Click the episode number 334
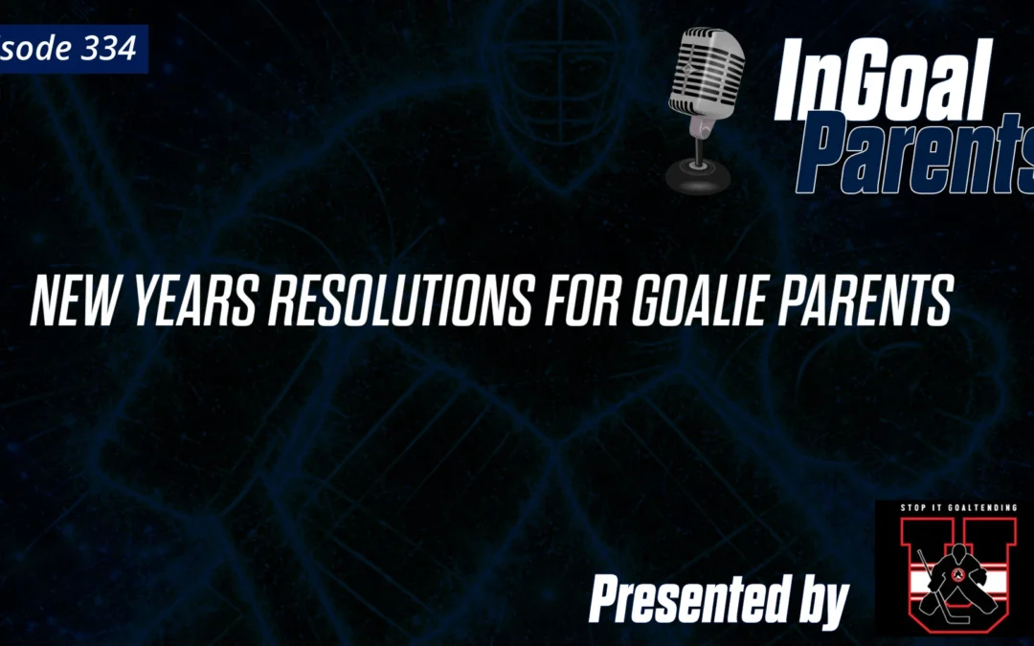click(x=109, y=49)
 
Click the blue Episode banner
click(x=72, y=49)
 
